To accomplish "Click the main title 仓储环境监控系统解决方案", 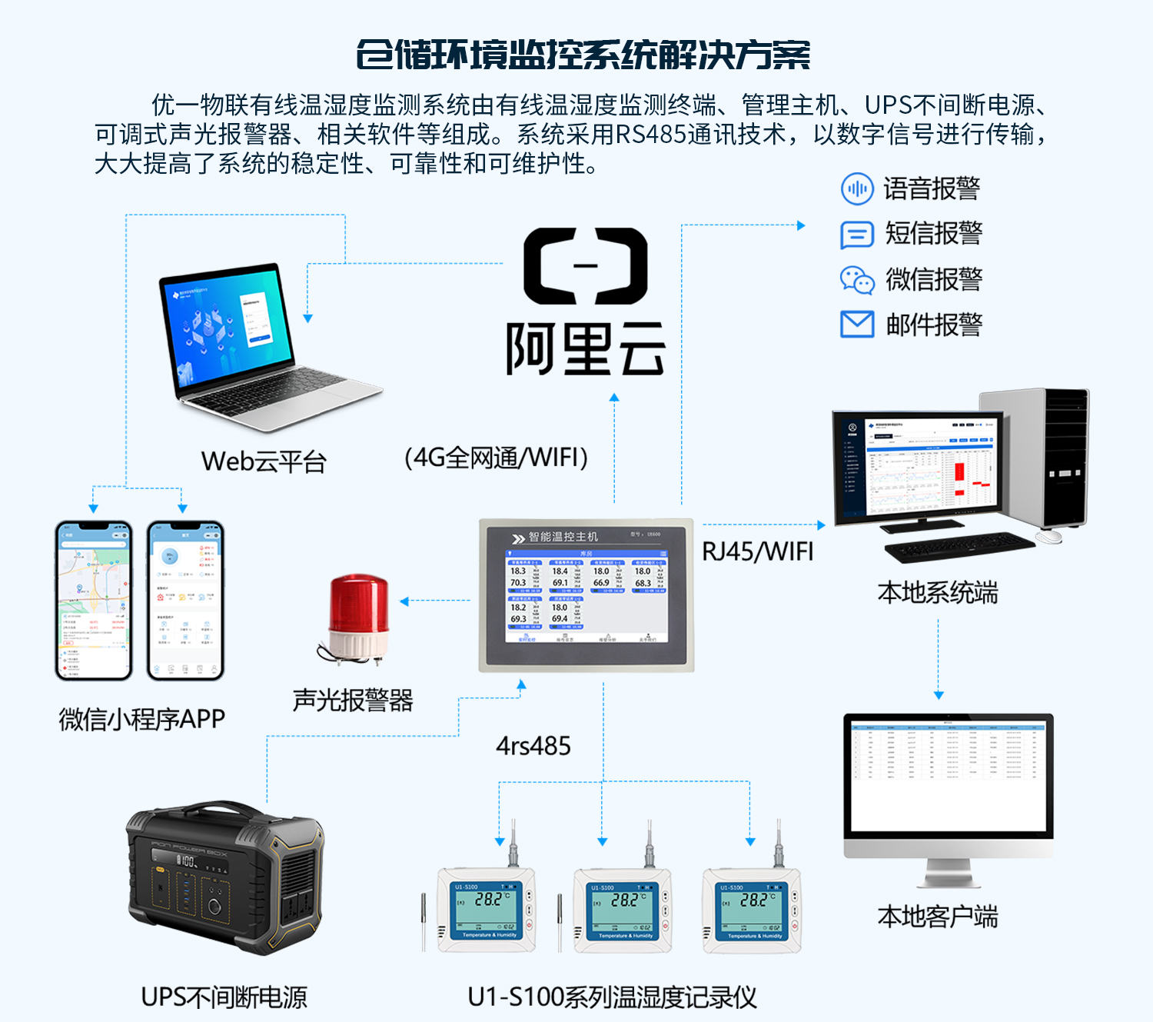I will tap(583, 55).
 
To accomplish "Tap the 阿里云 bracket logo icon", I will tap(585, 266).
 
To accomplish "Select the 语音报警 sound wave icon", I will tap(856, 188).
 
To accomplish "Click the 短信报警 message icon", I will tap(856, 235).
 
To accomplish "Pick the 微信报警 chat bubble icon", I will tap(856, 280).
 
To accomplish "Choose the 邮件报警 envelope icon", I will tap(856, 325).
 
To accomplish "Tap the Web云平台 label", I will tap(264, 461).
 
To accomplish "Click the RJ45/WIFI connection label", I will tap(757, 551).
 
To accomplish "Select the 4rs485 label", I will tap(533, 746).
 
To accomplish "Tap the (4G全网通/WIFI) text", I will tap(496, 458).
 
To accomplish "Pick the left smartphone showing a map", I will tap(94, 601).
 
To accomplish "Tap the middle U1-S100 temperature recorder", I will tap(622, 908).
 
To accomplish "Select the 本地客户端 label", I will tap(937, 917).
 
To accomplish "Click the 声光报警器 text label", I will tap(353, 700).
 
